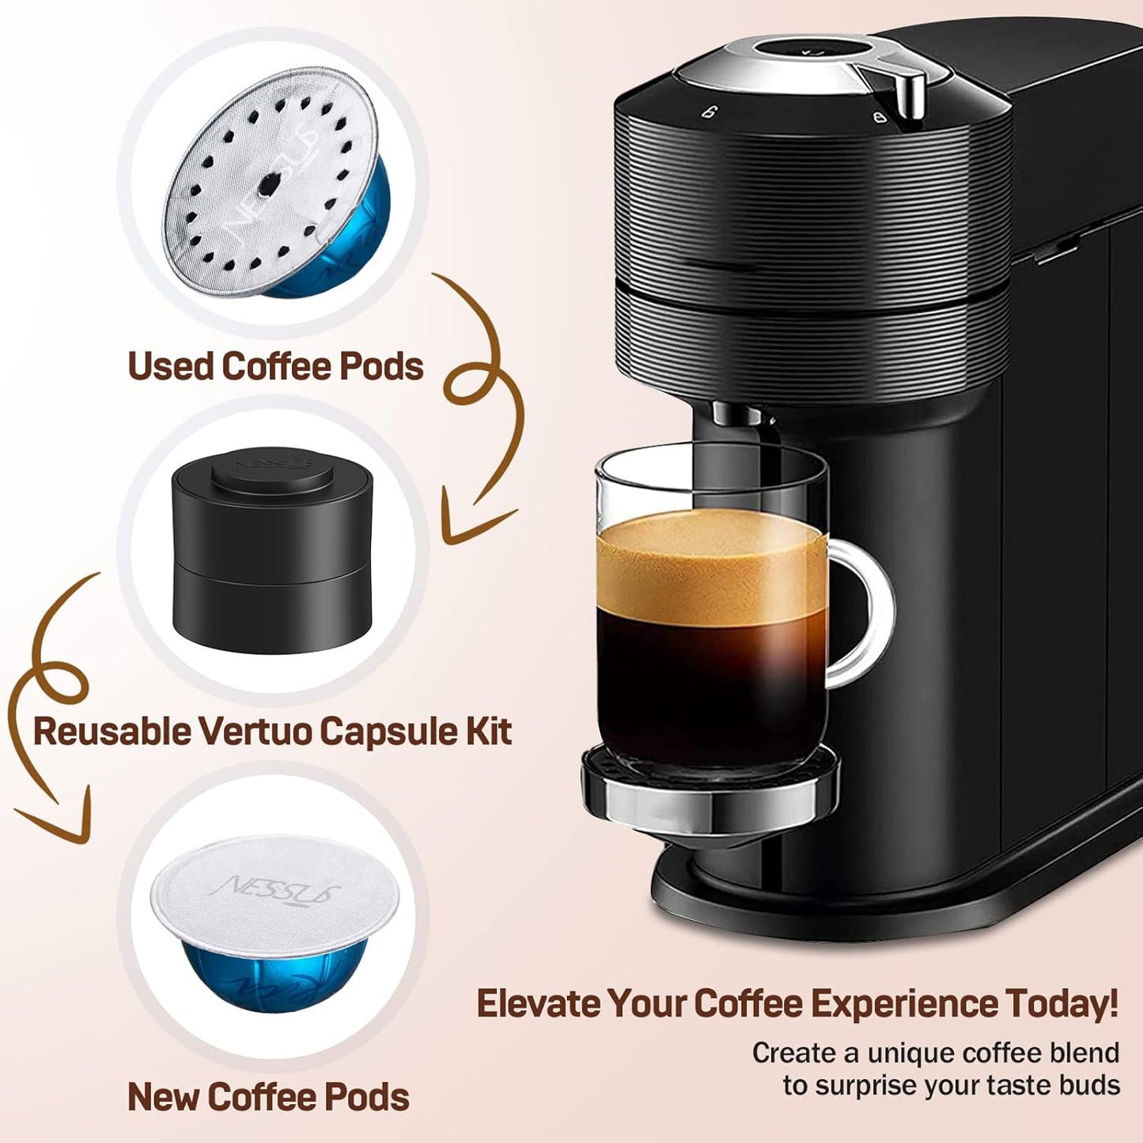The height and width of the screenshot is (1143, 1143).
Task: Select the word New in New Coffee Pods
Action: (x=163, y=1097)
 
